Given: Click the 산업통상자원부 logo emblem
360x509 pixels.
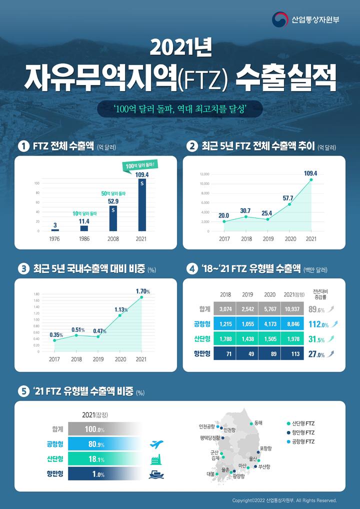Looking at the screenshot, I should tap(280, 20).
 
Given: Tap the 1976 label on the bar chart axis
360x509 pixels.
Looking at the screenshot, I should tap(55, 239).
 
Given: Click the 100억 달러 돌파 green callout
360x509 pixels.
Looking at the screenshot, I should tap(141, 165).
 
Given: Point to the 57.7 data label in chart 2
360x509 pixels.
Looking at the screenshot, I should tap(288, 198).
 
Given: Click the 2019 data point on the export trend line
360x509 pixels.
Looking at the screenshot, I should tap(267, 219).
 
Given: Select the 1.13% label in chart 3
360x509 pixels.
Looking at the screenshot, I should tap(120, 309).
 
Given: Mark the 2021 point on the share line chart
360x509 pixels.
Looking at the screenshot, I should tap(141, 297).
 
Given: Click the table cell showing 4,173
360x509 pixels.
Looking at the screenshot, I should tap(269, 324).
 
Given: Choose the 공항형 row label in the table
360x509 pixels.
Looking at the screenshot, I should tap(201, 324).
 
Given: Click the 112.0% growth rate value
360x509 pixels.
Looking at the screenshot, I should tap(318, 324).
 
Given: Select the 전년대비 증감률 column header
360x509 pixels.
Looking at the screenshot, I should tap(320, 294).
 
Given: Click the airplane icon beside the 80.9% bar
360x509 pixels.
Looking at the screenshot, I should tap(157, 444).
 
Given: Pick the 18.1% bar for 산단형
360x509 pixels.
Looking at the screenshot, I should tap(105, 459).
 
